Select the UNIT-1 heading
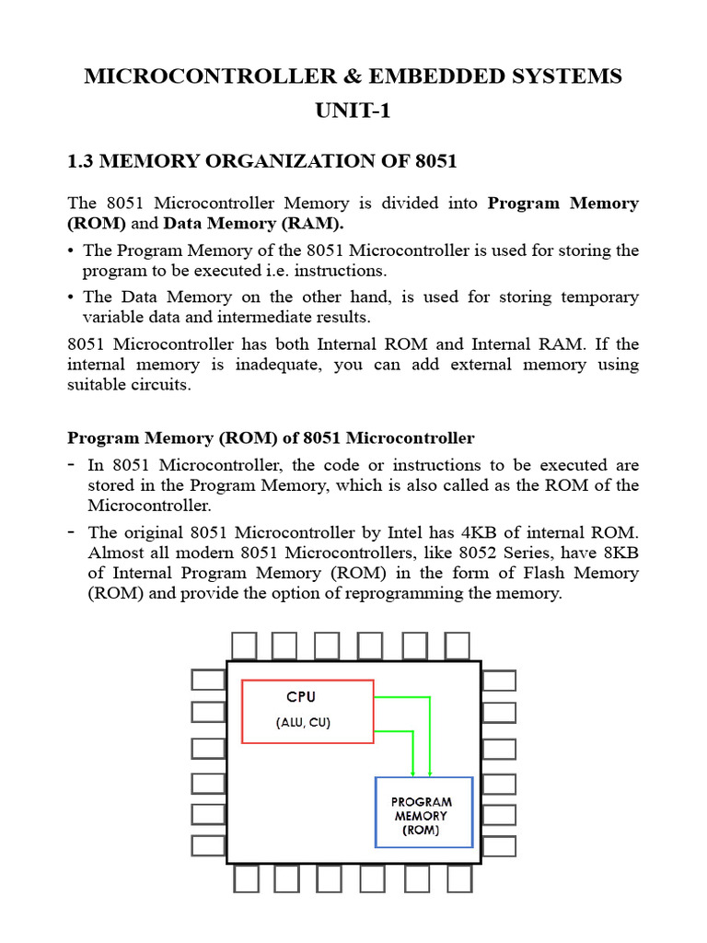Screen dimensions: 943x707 point(353,111)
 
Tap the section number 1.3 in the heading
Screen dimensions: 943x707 point(81,162)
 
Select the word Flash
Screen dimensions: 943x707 point(516,573)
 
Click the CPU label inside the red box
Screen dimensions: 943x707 point(300,697)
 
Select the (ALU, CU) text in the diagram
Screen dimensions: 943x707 point(302,723)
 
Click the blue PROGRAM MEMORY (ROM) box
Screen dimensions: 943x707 point(423,812)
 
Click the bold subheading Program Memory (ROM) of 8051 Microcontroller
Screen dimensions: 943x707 point(272,437)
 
